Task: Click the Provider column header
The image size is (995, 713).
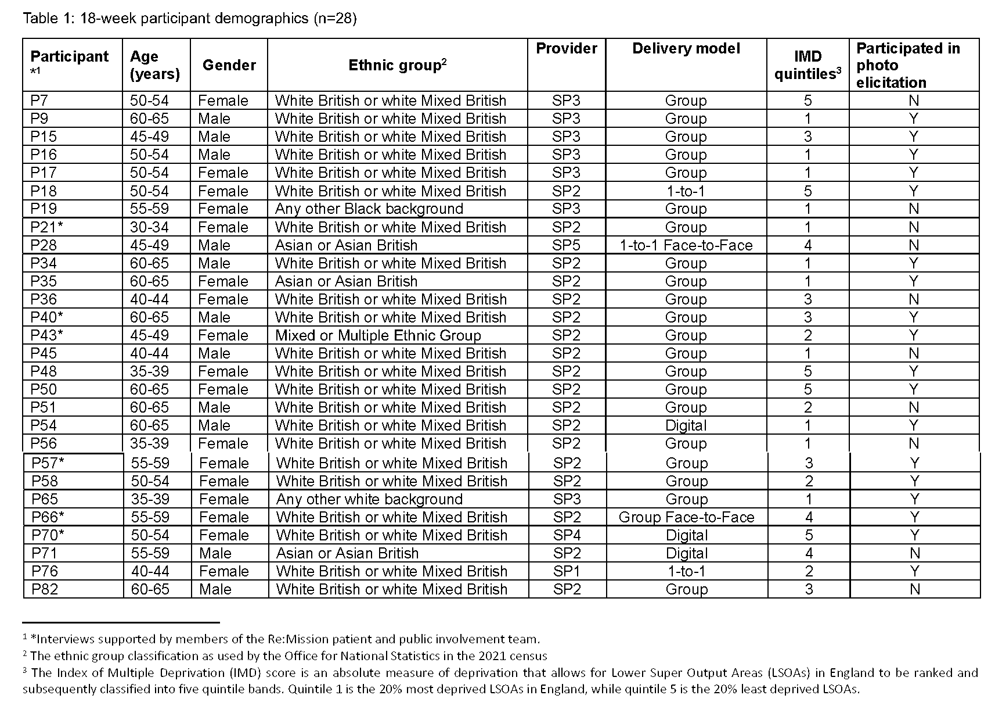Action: [x=566, y=48]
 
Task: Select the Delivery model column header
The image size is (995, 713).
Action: [x=686, y=48]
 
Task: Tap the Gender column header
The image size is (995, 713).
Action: [x=229, y=65]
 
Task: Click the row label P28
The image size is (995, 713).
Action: [x=44, y=245]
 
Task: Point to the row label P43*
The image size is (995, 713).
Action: [x=47, y=335]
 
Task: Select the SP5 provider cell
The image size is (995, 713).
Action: [x=566, y=245]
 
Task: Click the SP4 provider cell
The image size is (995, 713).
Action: [x=567, y=535]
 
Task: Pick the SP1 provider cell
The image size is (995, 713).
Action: [x=567, y=571]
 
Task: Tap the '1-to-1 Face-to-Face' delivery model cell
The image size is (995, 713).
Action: [x=686, y=245]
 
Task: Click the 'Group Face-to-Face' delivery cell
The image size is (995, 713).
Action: [x=686, y=517]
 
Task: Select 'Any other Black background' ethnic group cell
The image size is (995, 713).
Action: [x=369, y=209]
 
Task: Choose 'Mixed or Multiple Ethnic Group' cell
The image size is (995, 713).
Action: [x=378, y=335]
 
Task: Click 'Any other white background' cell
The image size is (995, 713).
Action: [x=369, y=499]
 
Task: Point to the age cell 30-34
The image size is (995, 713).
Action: [x=149, y=227]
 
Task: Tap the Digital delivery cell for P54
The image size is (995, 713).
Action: [x=686, y=425]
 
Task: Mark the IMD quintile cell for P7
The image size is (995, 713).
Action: [x=807, y=101]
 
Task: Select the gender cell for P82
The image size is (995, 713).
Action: [x=215, y=589]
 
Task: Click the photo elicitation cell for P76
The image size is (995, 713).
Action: [x=915, y=571]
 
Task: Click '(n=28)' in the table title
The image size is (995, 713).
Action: [x=335, y=19]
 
